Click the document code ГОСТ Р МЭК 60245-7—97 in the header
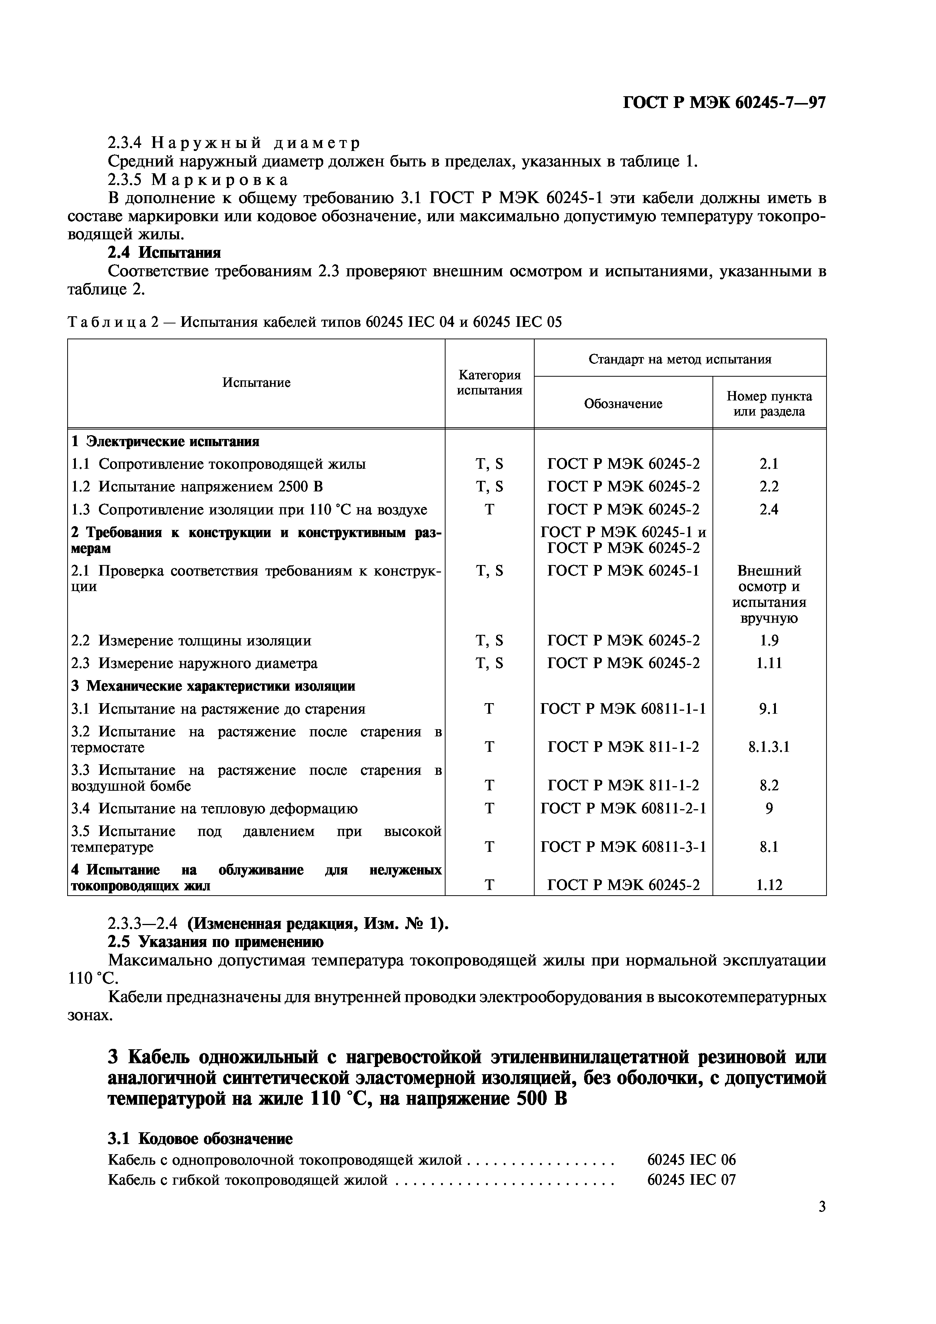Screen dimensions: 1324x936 pos(725,103)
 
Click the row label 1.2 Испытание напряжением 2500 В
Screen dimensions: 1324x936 pos(197,487)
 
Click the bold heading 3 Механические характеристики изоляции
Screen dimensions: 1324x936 pos(213,686)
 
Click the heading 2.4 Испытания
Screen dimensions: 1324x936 pos(164,253)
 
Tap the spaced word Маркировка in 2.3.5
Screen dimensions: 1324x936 pos(220,180)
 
